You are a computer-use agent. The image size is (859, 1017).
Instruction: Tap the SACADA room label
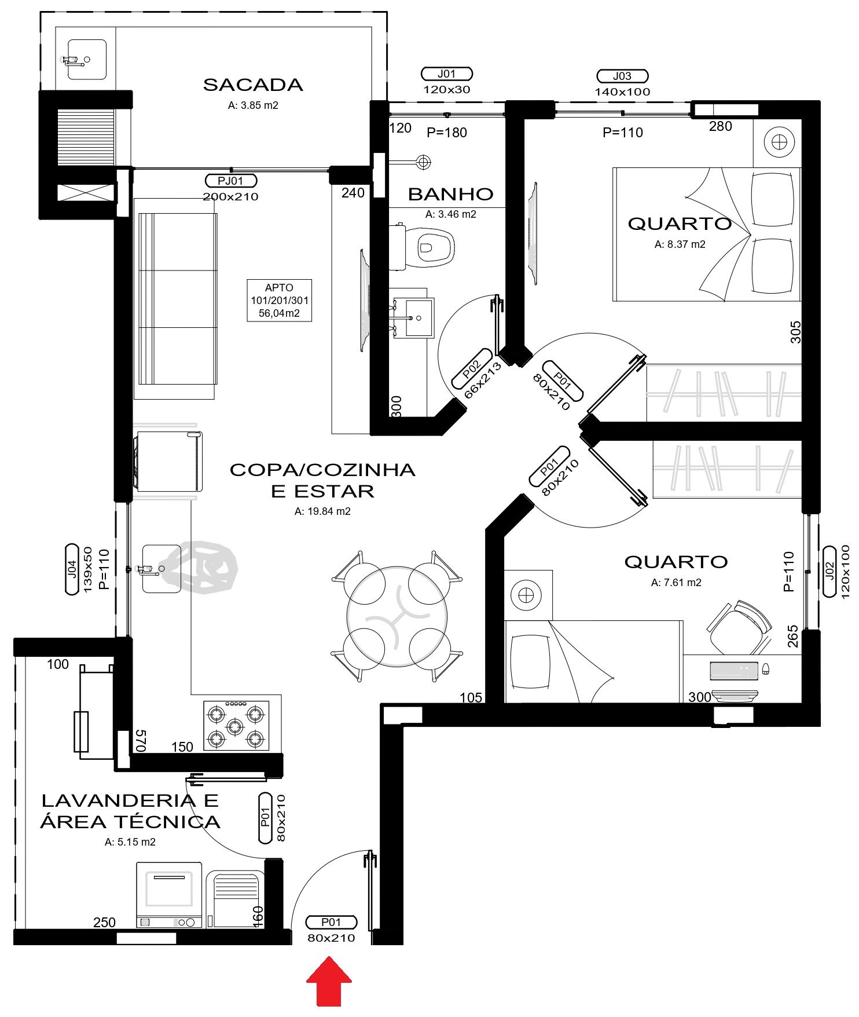(x=253, y=85)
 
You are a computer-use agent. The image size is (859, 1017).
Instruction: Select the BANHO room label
(x=450, y=194)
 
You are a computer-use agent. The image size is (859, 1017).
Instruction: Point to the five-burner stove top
(x=236, y=726)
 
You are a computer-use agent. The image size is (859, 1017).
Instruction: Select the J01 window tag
(x=446, y=74)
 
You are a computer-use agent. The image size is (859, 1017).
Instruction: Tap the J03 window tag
(x=622, y=76)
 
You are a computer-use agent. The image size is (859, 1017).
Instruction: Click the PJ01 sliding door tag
(x=230, y=181)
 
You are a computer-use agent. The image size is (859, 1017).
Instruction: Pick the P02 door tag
(x=472, y=369)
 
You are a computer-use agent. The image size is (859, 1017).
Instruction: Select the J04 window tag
(x=72, y=569)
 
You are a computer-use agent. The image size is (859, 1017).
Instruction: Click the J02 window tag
(x=828, y=571)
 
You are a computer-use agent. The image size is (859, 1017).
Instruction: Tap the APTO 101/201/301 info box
(x=280, y=300)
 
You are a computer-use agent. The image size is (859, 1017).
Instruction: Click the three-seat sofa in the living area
(x=177, y=299)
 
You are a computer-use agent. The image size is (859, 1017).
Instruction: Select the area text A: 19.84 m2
(x=322, y=511)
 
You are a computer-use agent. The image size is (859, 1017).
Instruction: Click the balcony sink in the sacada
(x=86, y=59)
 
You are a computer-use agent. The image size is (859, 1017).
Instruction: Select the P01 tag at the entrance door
(x=331, y=922)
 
